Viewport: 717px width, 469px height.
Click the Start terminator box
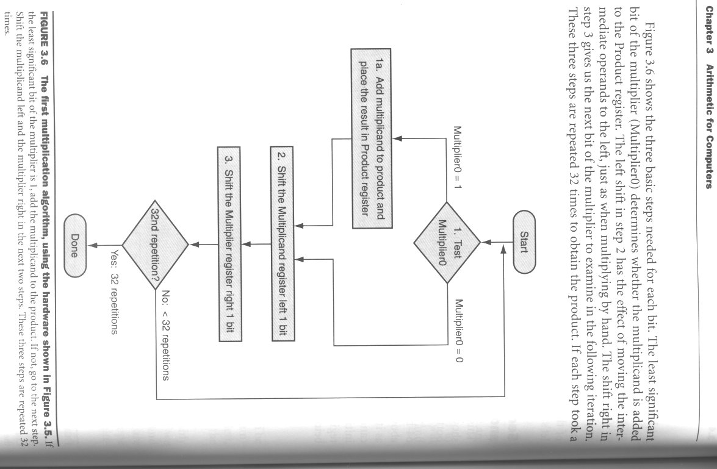click(524, 242)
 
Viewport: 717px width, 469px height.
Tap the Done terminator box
click(75, 245)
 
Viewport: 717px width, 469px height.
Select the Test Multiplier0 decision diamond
click(447, 242)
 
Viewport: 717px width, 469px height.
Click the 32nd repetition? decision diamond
click(156, 245)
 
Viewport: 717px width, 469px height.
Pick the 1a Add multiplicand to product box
click(371, 138)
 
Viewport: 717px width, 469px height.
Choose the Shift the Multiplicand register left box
click(282, 243)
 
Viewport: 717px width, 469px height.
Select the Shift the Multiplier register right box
click(229, 244)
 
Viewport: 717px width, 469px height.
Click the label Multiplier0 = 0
click(459, 331)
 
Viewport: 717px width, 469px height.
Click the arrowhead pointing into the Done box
click(92, 245)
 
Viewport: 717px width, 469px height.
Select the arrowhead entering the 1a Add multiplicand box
click(397, 138)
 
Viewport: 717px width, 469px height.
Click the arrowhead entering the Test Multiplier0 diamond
click(486, 242)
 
